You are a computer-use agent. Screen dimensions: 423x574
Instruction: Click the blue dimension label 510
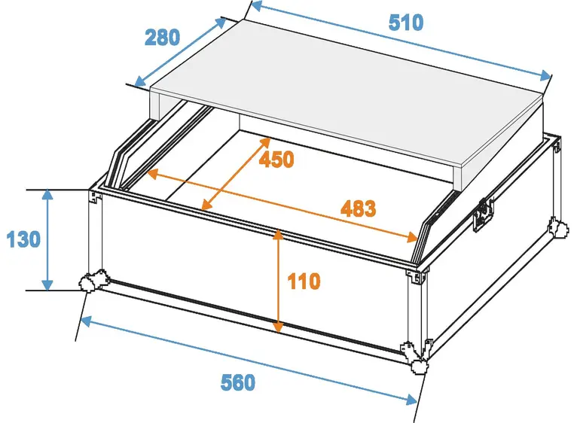click(406, 23)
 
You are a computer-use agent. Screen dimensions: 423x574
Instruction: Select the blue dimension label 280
click(162, 37)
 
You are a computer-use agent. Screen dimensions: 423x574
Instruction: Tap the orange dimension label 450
click(276, 160)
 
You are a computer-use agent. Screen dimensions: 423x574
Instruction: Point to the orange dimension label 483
click(358, 208)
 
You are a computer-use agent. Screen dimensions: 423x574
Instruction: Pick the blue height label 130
click(23, 241)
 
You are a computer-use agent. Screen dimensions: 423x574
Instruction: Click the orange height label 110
click(304, 281)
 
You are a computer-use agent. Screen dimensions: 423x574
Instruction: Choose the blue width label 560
click(238, 382)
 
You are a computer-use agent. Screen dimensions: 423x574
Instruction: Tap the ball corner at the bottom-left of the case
click(91, 281)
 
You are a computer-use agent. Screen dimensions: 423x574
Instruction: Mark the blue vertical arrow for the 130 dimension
click(48, 240)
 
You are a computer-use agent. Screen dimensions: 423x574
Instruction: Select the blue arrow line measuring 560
click(249, 359)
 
